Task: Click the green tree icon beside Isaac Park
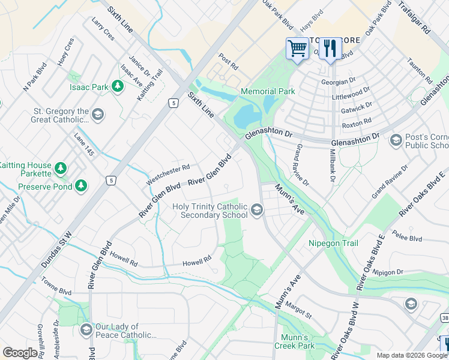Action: click(x=118, y=87)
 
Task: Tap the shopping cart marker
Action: click(x=297, y=48)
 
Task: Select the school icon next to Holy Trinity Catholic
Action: click(x=257, y=209)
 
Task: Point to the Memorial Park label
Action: click(x=268, y=91)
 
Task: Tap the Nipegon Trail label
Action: click(x=333, y=243)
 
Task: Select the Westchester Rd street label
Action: click(x=168, y=174)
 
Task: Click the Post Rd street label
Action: click(x=229, y=61)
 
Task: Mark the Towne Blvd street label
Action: click(x=56, y=286)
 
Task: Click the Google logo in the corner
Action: click(x=20, y=353)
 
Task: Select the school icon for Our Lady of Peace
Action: click(x=86, y=330)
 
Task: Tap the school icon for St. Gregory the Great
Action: click(x=98, y=114)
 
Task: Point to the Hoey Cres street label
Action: click(x=66, y=52)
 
